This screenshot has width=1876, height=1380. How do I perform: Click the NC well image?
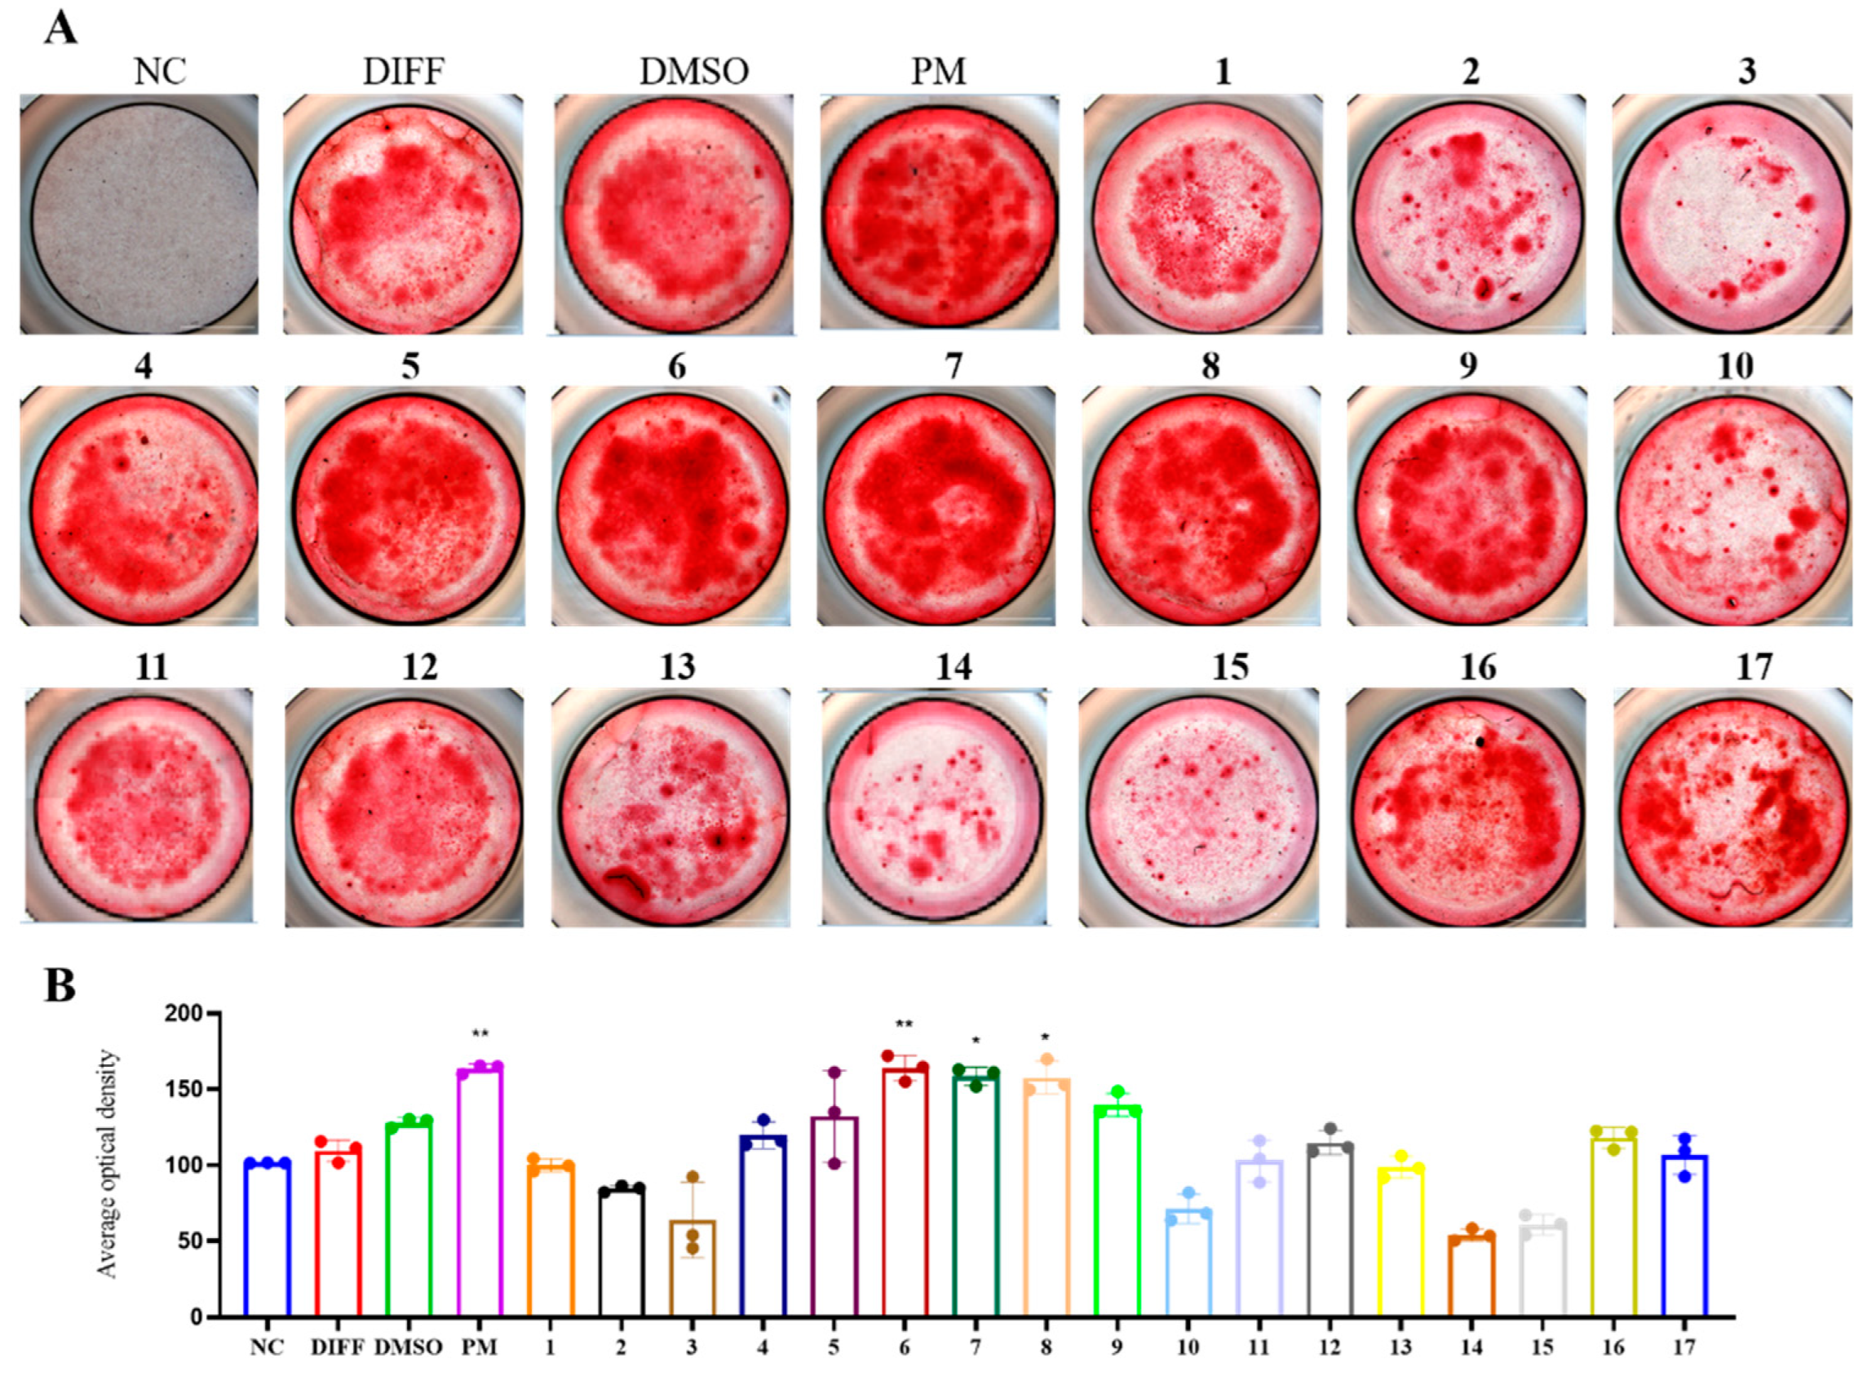click(139, 214)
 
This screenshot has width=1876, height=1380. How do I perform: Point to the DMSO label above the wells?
click(694, 72)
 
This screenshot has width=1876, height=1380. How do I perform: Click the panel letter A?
click(60, 29)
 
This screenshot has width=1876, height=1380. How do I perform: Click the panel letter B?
click(60, 986)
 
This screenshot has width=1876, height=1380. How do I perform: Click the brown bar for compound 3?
click(692, 1268)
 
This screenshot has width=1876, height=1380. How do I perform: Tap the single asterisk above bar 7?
click(975, 1042)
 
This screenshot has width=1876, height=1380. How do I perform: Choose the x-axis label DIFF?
click(338, 1347)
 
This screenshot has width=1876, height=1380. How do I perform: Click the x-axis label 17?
click(1684, 1347)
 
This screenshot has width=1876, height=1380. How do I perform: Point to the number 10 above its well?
click(1734, 367)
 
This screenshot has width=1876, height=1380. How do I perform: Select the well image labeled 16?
click(1465, 807)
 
